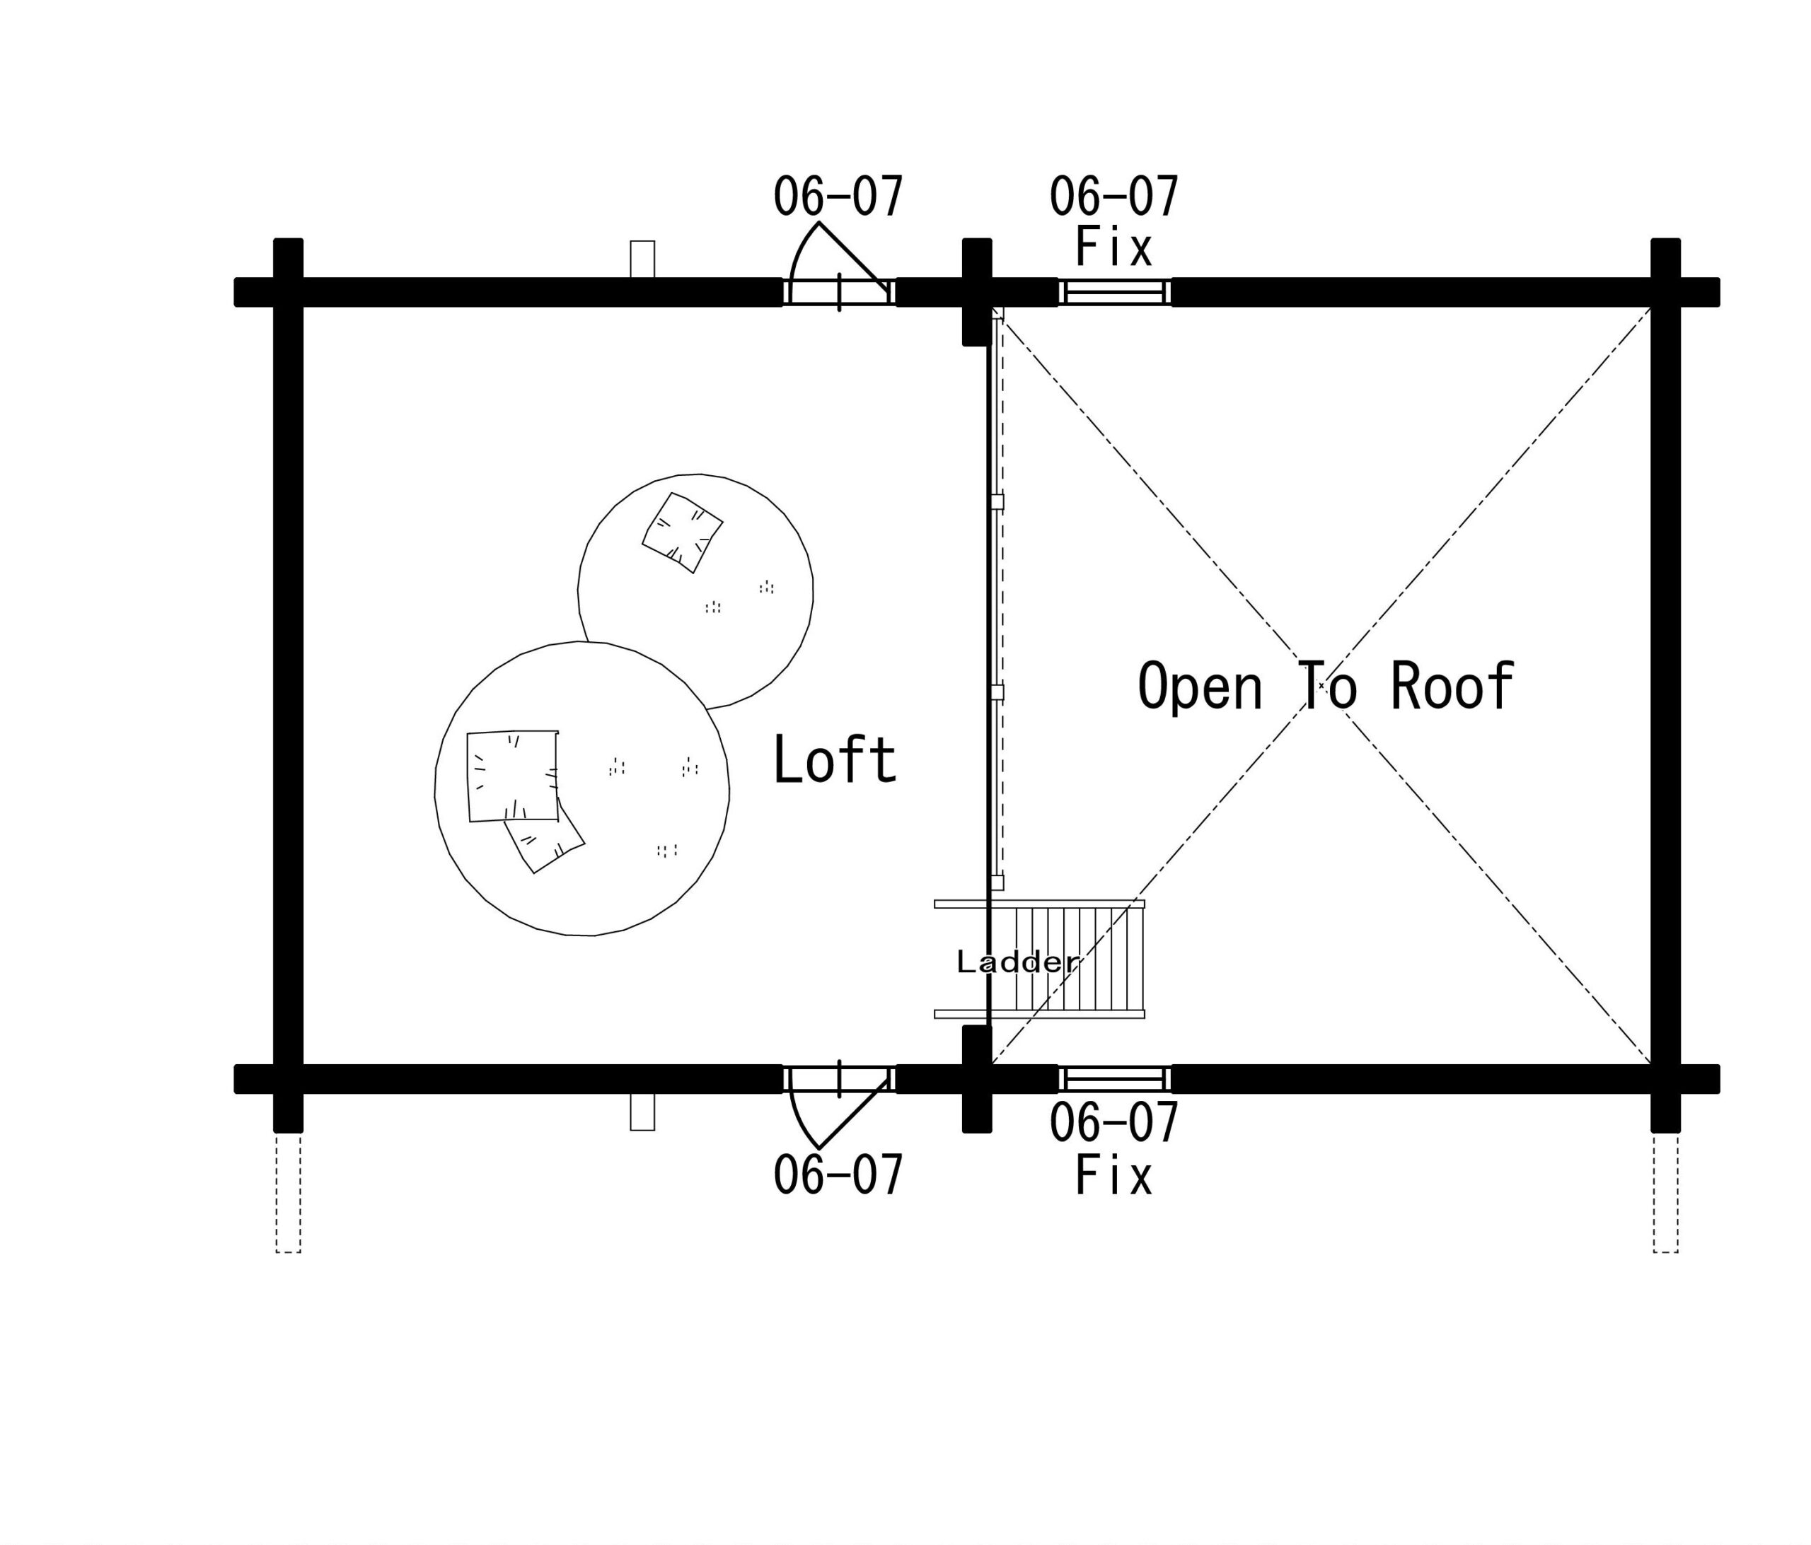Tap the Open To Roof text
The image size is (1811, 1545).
1325,686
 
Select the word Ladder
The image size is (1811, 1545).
1017,962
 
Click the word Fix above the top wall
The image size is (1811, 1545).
1113,247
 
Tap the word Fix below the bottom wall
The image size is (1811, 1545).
1113,1176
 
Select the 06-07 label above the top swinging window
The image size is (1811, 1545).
838,197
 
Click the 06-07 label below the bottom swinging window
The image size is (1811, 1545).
838,1176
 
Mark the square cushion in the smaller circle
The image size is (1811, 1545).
683,533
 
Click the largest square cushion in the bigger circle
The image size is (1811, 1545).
513,776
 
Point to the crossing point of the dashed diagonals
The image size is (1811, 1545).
1321,686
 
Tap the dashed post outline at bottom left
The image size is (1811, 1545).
289,1193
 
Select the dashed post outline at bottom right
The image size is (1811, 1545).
1665,1193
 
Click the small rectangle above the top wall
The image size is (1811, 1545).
642,260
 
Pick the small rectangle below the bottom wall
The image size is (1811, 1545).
642,1112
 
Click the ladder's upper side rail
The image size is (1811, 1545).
1039,904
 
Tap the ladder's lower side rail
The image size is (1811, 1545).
1039,1015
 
